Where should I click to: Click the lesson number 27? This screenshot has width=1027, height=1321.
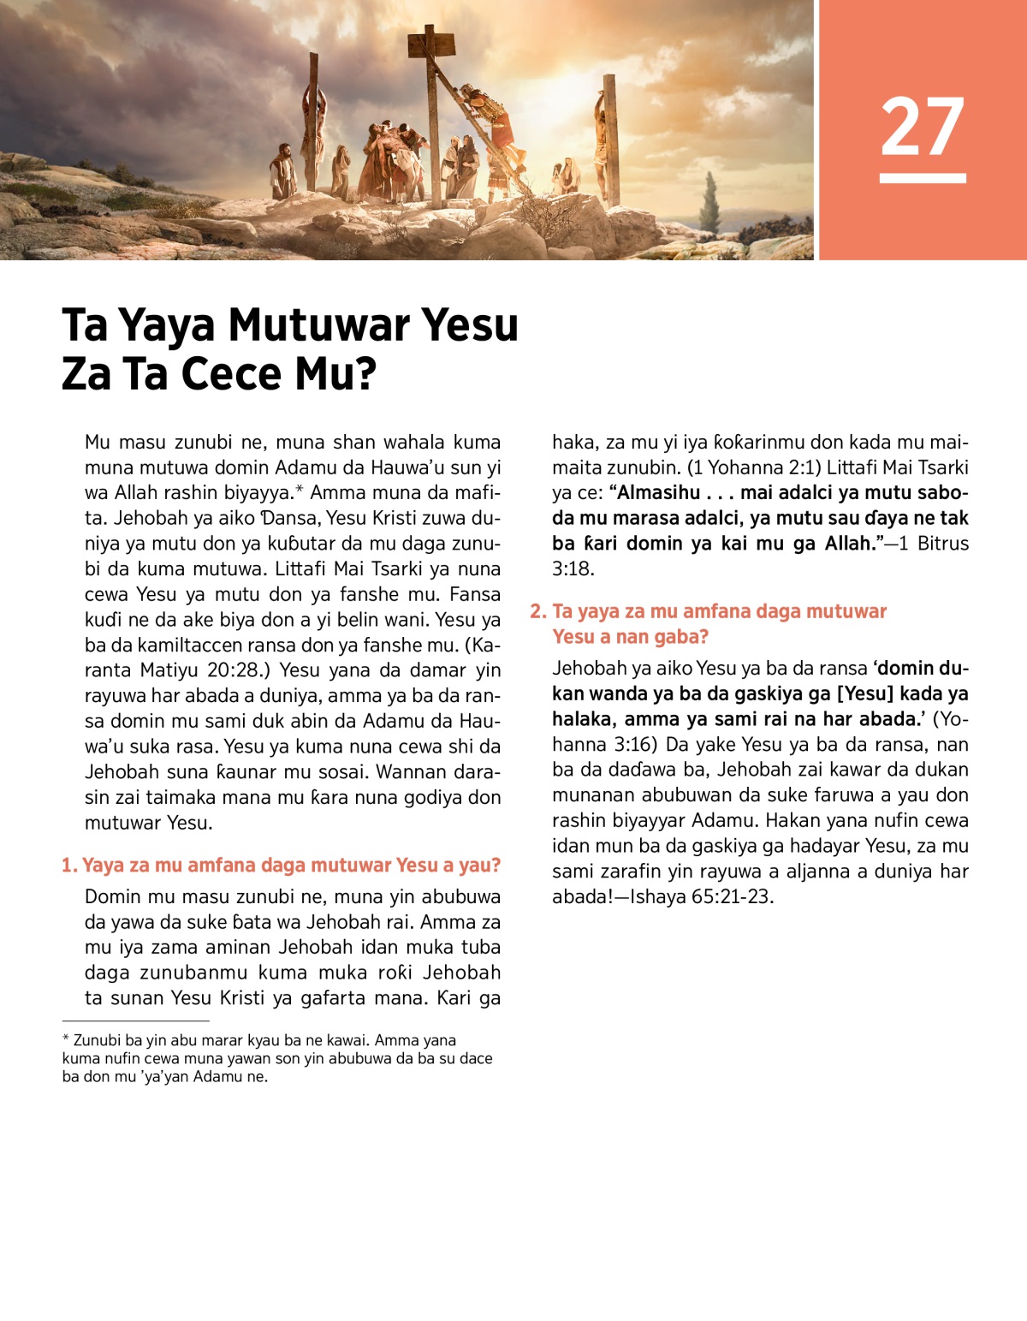click(x=922, y=127)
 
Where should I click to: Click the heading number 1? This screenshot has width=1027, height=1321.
click(x=68, y=866)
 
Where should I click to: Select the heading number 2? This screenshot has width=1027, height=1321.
click(x=537, y=611)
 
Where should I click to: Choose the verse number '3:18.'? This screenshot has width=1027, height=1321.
click(x=573, y=568)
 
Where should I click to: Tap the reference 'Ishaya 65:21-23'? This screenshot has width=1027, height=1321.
click(x=700, y=897)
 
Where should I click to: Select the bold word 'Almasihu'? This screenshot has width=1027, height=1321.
click(x=658, y=493)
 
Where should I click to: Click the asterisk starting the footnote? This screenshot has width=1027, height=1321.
click(x=66, y=1040)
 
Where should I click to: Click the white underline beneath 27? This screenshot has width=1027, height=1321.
click(x=922, y=178)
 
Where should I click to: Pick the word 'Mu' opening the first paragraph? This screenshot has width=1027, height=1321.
click(x=98, y=443)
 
